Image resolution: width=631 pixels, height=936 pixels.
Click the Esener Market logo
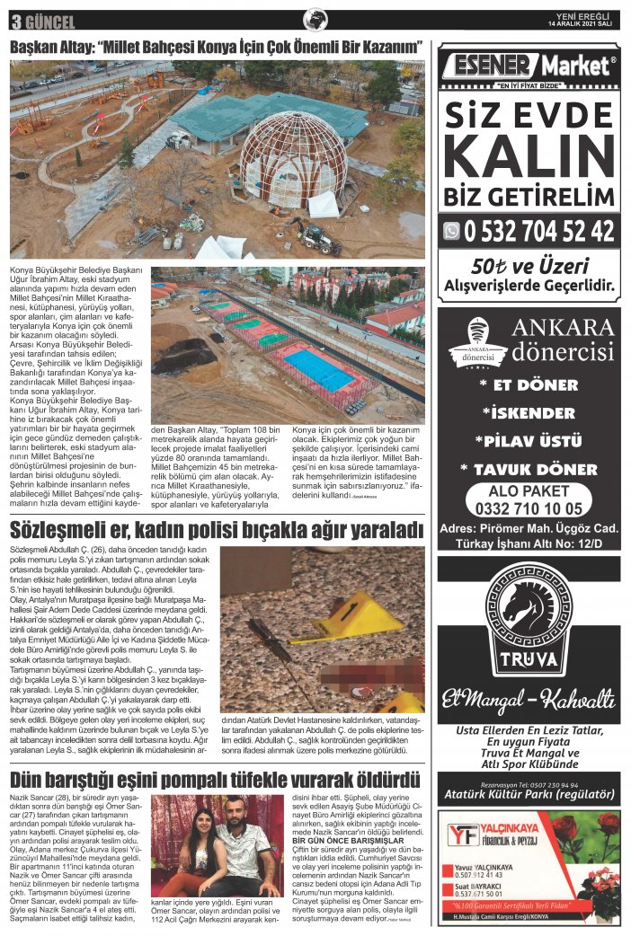528,66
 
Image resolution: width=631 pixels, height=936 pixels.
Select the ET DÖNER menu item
529,384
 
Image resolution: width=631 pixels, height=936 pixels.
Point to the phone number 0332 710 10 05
529,508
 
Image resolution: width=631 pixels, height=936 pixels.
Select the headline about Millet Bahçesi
216,46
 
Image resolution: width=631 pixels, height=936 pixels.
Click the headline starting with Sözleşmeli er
216,527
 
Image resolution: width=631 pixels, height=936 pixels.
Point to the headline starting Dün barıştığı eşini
216,777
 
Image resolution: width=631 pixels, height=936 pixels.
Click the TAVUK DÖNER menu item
529,469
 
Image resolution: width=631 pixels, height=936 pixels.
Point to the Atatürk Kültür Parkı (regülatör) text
529,794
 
